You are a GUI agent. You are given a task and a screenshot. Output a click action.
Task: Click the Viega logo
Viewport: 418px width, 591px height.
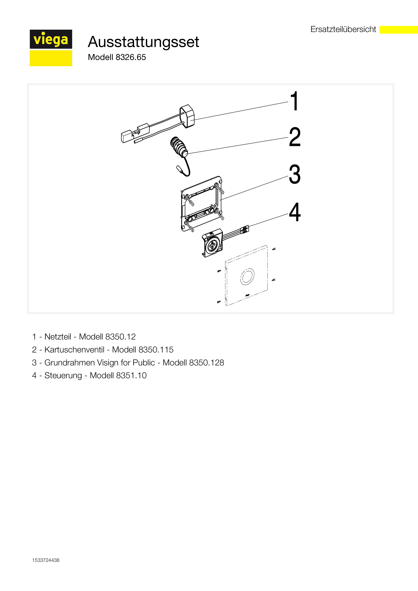(51, 48)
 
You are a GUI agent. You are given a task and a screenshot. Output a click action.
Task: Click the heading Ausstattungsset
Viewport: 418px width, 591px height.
(143, 42)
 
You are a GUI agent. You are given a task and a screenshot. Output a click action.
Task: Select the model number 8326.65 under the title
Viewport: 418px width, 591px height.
(131, 57)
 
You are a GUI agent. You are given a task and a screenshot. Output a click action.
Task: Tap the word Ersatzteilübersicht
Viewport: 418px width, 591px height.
(343, 29)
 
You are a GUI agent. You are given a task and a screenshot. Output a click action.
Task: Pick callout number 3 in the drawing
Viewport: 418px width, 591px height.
(295, 174)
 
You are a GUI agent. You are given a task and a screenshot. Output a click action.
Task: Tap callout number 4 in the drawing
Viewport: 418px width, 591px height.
(295, 212)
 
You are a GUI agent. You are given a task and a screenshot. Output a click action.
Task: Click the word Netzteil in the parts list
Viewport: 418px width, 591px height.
(58, 337)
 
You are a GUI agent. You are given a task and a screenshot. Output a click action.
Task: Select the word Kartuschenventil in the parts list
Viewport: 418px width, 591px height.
(74, 350)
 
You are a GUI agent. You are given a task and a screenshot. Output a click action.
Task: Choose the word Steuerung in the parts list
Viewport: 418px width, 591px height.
(63, 376)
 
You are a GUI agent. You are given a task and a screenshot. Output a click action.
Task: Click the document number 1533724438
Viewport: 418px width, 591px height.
(46, 560)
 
